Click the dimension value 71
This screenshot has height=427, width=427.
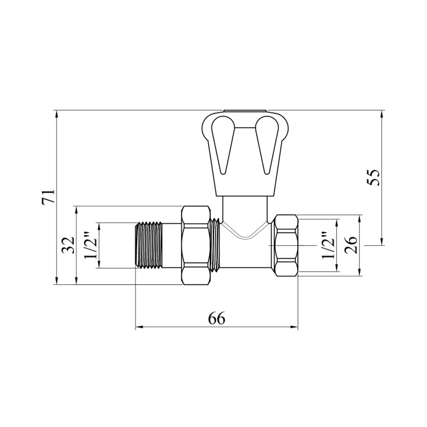(x=48, y=196)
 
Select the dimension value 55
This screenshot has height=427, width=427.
(x=373, y=178)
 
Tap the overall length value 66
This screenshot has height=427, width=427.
(x=217, y=318)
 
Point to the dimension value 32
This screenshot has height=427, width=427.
(x=68, y=245)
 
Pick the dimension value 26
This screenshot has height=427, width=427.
(x=351, y=245)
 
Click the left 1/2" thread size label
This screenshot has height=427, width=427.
(x=90, y=245)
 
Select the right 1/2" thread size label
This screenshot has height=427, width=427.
(x=328, y=245)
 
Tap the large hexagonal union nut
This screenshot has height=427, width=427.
(x=196, y=245)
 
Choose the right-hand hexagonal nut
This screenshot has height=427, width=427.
(x=287, y=245)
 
